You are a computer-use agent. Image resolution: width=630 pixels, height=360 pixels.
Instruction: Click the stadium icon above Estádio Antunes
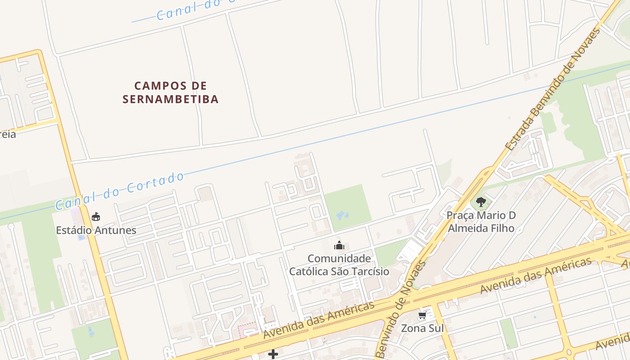(x=95, y=217)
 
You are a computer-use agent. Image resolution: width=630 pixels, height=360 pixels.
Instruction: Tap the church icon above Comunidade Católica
(x=339, y=245)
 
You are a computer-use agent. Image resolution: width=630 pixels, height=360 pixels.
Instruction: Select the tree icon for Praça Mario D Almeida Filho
(x=481, y=202)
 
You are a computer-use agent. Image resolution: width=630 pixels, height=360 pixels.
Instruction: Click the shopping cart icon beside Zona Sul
(x=422, y=315)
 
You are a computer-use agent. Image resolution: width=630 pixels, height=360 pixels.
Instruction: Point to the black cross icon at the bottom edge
(x=273, y=354)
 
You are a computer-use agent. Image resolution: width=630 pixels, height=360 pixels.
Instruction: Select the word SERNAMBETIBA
(x=171, y=99)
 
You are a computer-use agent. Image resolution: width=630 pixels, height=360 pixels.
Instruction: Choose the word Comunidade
(x=339, y=259)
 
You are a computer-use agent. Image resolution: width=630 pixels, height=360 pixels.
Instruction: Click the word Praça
(x=460, y=216)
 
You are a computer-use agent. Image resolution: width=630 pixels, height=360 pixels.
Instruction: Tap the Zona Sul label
(x=419, y=328)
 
